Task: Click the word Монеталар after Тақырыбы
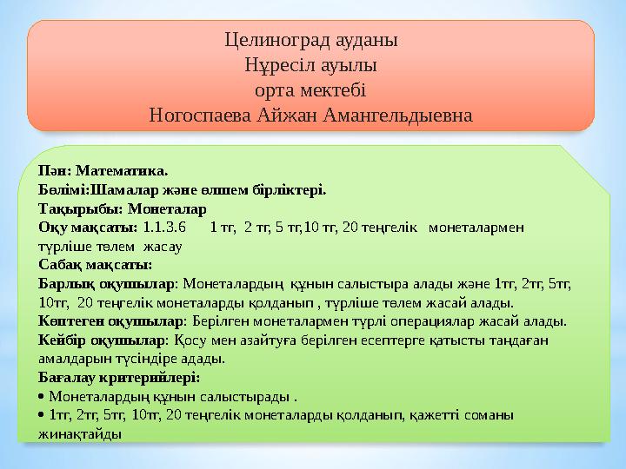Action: [166, 209]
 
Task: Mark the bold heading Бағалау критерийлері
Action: [119, 378]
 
